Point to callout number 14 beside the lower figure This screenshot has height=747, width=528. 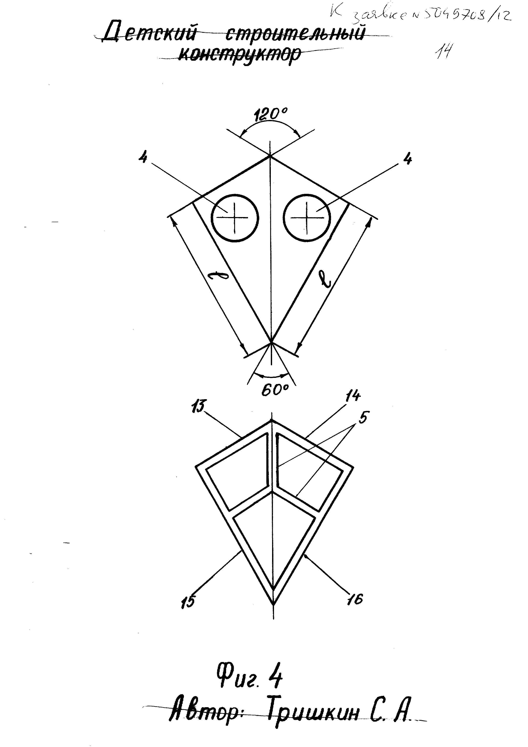[353, 396]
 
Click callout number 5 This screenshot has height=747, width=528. [363, 418]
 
